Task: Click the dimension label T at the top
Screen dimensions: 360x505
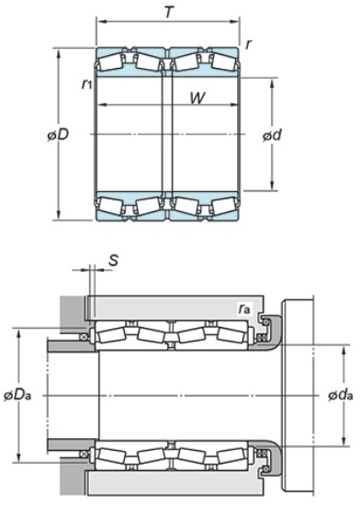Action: point(168,12)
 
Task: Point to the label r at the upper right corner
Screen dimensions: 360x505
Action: point(248,44)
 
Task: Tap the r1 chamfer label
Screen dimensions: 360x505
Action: point(87,84)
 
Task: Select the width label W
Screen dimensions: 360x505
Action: point(197,98)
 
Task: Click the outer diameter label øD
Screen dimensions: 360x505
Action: point(58,135)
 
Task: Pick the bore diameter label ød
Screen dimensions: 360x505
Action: point(272,135)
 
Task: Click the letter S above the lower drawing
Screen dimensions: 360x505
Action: point(113,260)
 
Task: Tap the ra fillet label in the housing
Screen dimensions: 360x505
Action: point(244,309)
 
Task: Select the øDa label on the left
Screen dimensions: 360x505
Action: point(17,395)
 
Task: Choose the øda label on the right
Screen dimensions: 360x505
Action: point(341,395)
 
